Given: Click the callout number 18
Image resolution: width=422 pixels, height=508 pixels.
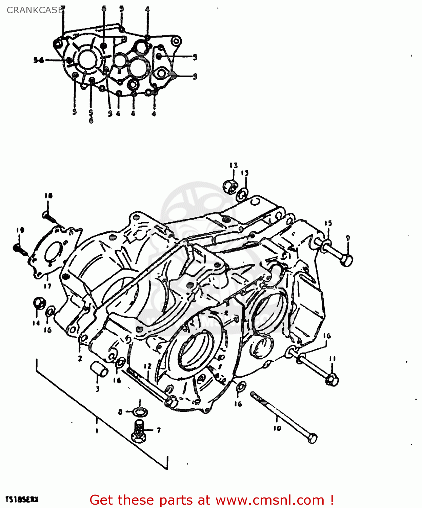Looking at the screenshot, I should (x=48, y=195).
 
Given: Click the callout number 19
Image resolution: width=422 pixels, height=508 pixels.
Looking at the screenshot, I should (x=20, y=230).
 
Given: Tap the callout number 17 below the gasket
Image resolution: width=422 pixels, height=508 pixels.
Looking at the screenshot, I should (x=47, y=286).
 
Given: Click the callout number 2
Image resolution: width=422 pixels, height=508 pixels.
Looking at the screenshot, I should (x=80, y=359).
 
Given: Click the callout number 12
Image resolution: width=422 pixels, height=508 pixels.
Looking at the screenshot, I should (x=147, y=366).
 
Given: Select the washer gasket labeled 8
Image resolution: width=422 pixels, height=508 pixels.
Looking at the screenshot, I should (x=139, y=412).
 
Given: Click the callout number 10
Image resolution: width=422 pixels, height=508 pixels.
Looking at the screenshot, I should (x=277, y=428).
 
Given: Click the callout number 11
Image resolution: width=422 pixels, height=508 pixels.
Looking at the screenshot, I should (x=332, y=359).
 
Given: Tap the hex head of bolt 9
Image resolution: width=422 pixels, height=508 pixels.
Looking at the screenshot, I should (x=346, y=260).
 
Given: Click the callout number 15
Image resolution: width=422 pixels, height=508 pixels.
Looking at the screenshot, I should (x=328, y=223).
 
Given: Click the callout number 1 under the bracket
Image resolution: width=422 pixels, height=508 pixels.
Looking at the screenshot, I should (x=97, y=431).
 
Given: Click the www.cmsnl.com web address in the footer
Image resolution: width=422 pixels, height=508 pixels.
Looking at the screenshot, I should (x=270, y=500).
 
